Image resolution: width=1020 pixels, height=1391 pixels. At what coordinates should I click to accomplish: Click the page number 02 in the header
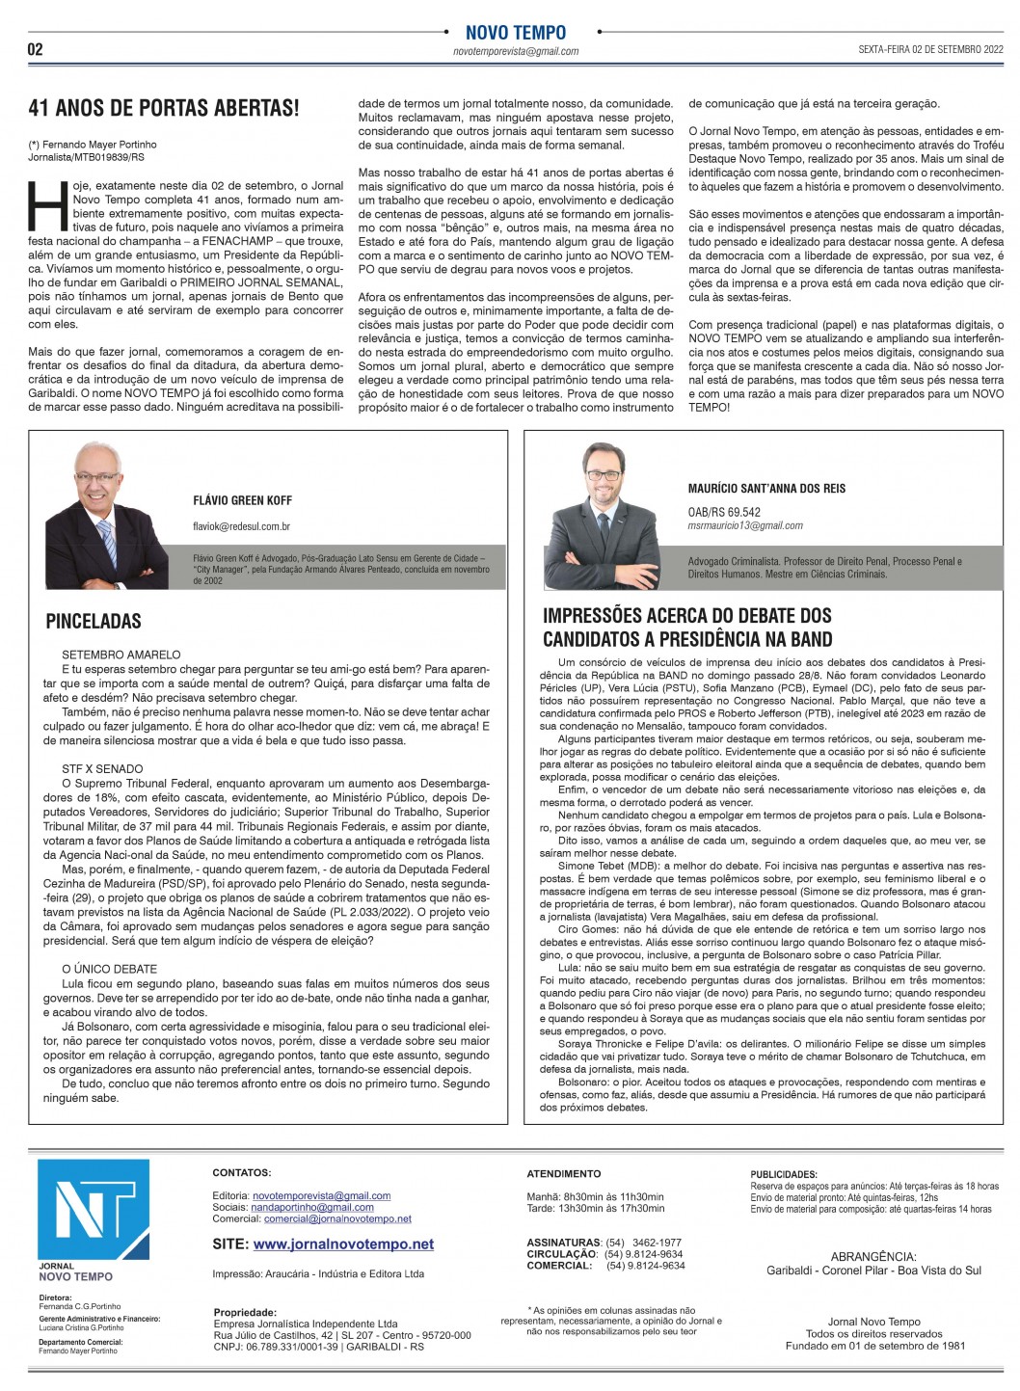(x=36, y=49)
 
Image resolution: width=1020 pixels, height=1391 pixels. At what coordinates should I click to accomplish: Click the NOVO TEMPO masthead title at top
(x=516, y=33)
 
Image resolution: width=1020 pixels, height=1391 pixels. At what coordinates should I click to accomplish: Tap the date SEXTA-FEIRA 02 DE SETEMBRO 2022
(x=931, y=49)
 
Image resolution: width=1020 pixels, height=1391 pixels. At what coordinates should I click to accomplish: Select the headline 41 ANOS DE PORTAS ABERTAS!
(x=163, y=107)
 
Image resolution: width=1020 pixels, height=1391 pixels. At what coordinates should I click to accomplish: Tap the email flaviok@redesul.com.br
(x=242, y=526)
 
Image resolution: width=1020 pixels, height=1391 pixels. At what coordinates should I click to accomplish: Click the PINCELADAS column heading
(x=94, y=622)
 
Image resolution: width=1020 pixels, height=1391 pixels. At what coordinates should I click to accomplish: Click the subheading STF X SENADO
(x=102, y=769)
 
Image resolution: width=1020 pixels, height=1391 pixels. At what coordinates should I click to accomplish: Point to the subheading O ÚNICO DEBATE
(x=109, y=969)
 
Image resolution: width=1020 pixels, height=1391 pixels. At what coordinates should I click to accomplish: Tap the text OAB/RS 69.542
(x=724, y=512)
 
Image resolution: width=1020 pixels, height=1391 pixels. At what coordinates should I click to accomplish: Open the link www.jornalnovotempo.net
(x=343, y=1244)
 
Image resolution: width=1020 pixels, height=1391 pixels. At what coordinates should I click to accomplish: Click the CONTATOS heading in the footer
(x=242, y=1173)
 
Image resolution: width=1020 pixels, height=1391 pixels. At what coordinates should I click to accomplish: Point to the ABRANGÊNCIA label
(x=873, y=1256)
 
